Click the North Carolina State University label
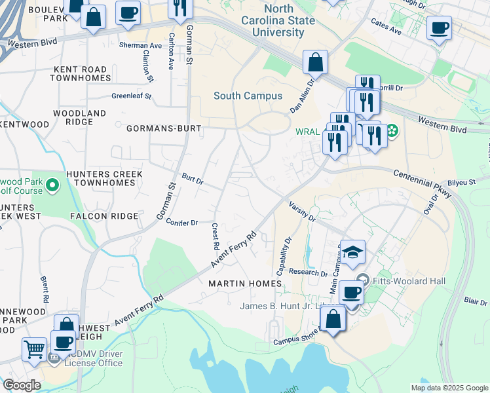289,14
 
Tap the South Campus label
248,96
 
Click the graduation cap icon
352,252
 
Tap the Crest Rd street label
215,236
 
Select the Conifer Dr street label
182,223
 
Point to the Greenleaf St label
131,96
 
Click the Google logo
22,385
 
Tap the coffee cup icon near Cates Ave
438,28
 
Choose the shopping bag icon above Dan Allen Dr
315,63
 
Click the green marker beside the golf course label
52,190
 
